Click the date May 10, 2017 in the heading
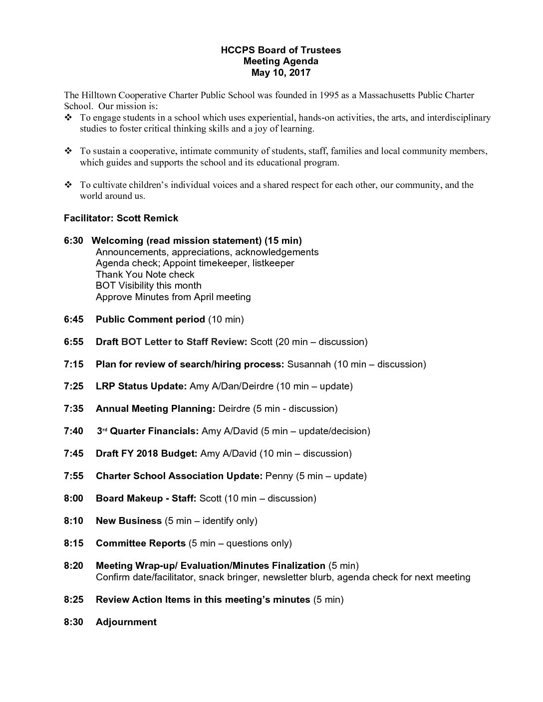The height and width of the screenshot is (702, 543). click(x=280, y=73)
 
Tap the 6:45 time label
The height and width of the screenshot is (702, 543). click(x=74, y=320)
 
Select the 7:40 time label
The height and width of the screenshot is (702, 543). click(x=74, y=431)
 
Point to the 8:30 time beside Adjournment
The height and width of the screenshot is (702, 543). click(x=74, y=622)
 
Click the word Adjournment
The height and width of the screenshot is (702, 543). click(x=126, y=622)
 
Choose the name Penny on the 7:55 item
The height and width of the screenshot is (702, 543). click(x=279, y=476)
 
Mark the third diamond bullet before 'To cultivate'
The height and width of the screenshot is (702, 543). click(x=68, y=185)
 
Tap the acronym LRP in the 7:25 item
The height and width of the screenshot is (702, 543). click(x=105, y=386)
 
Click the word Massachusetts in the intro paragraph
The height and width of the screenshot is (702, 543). click(x=387, y=95)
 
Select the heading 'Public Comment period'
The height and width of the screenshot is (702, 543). click(x=150, y=320)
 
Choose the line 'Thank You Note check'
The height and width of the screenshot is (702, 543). click(x=145, y=275)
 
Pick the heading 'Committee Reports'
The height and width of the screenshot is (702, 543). click(x=140, y=543)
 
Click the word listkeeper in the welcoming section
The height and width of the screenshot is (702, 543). click(x=273, y=263)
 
